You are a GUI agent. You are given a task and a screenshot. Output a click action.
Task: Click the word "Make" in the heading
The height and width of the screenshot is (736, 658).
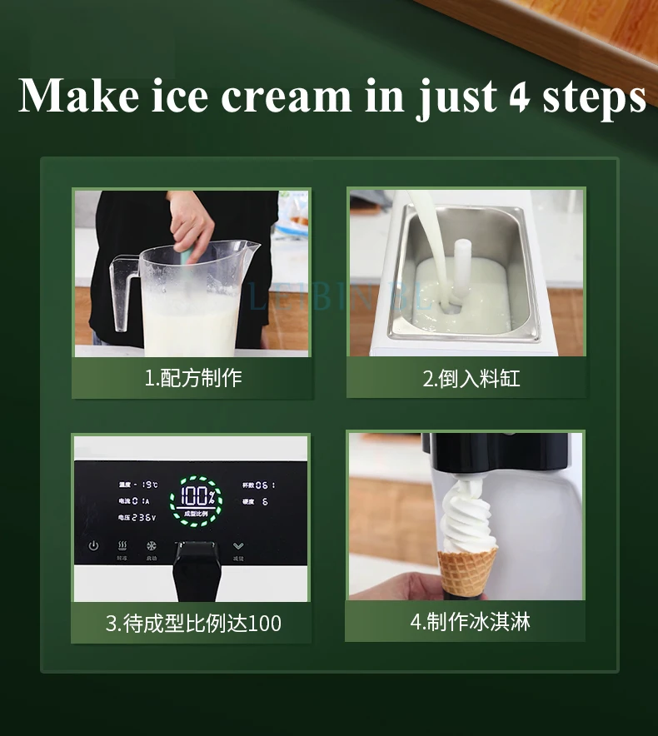tap(79, 97)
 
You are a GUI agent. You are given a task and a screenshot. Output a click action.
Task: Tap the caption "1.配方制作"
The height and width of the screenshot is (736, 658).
tap(193, 378)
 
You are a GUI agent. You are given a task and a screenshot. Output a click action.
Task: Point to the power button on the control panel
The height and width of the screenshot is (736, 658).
tap(93, 546)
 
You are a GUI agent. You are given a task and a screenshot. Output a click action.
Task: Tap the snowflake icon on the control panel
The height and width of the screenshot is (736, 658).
tap(152, 547)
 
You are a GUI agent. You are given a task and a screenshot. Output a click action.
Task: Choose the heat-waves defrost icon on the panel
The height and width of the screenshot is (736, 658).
tap(122, 546)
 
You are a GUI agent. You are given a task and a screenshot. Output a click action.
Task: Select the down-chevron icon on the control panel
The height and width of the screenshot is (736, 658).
tap(239, 546)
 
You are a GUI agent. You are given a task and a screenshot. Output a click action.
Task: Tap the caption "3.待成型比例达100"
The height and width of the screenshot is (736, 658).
tap(193, 623)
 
